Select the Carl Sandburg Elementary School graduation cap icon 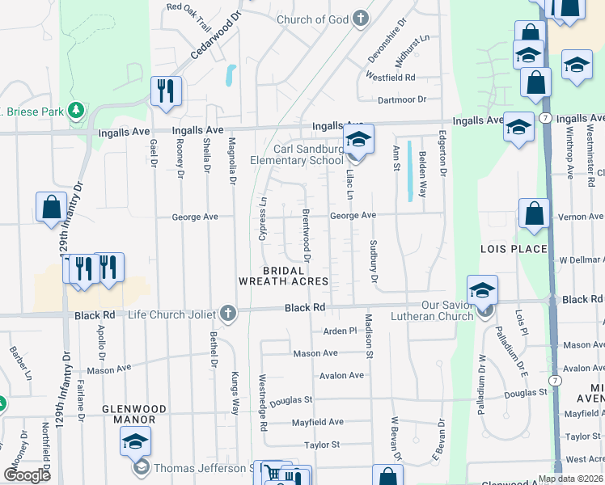click(x=358, y=140)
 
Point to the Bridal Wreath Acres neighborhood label click(x=283, y=276)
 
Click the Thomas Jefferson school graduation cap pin click(x=135, y=441)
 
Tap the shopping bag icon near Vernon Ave click(x=534, y=214)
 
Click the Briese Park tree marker click(x=76, y=109)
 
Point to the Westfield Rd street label click(x=390, y=78)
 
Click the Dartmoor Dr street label click(x=401, y=99)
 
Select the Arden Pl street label click(x=340, y=331)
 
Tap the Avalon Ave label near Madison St click(x=341, y=376)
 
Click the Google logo click(x=27, y=475)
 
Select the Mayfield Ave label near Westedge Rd click(x=317, y=422)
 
